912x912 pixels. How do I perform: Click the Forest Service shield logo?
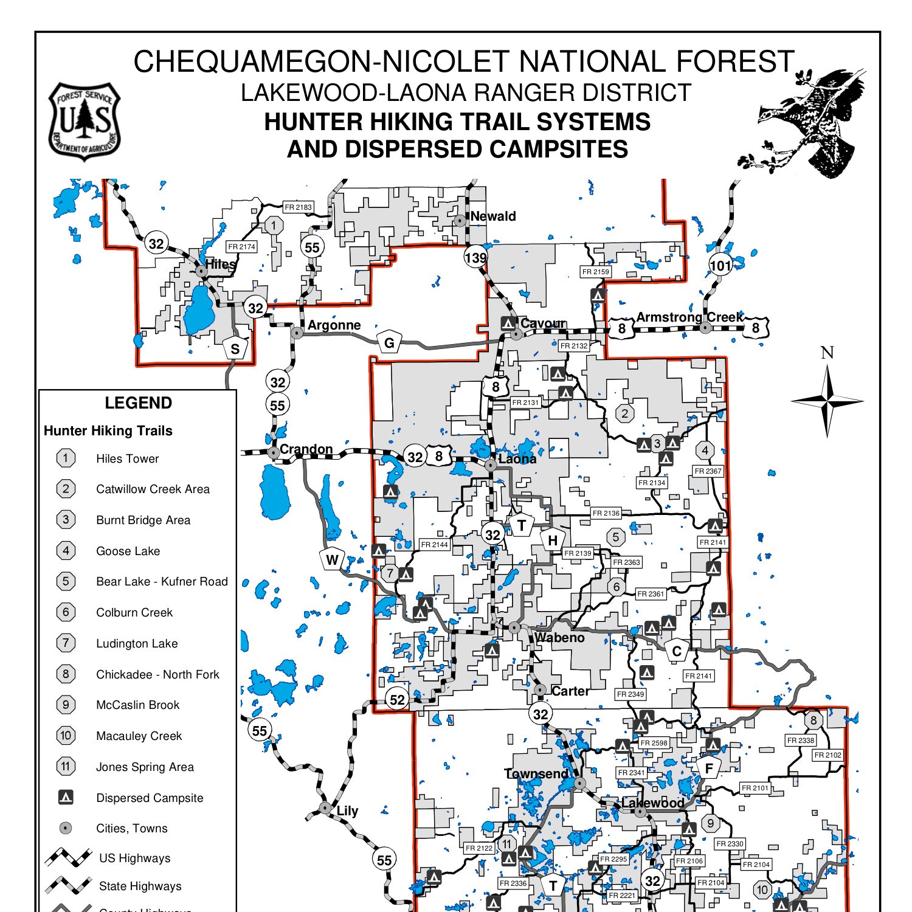[85, 122]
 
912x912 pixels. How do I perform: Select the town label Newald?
[492, 216]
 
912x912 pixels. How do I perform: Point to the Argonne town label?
[334, 325]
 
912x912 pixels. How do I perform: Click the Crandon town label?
[306, 449]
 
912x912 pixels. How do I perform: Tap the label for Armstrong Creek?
[689, 317]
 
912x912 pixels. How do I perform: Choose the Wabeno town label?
[559, 638]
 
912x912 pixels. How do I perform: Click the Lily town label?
[347, 810]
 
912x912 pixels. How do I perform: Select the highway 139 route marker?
[475, 258]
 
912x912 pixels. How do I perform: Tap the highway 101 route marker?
[720, 266]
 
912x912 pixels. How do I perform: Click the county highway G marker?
[389, 343]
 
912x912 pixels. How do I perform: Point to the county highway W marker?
[332, 560]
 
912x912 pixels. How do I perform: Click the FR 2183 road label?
[298, 207]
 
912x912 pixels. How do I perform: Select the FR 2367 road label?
[708, 471]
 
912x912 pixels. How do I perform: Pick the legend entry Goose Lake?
[128, 551]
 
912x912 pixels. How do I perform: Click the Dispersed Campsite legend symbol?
[66, 797]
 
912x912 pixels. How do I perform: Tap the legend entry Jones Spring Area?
[145, 767]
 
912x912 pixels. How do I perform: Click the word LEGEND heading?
[138, 403]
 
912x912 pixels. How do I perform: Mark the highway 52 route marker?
[397, 700]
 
